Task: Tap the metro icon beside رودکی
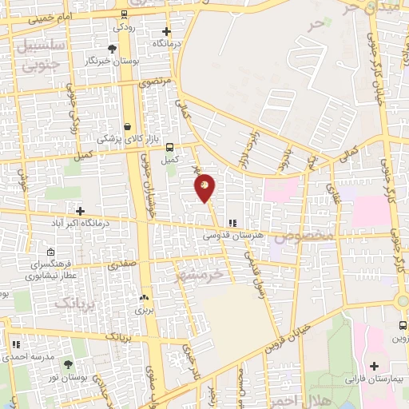122,14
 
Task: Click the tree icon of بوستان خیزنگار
110,50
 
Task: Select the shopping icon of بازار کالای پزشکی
128,125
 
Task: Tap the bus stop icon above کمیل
169,147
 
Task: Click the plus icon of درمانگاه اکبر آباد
80,210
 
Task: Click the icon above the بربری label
144,295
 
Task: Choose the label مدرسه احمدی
32,357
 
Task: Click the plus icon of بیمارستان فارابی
374,367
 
